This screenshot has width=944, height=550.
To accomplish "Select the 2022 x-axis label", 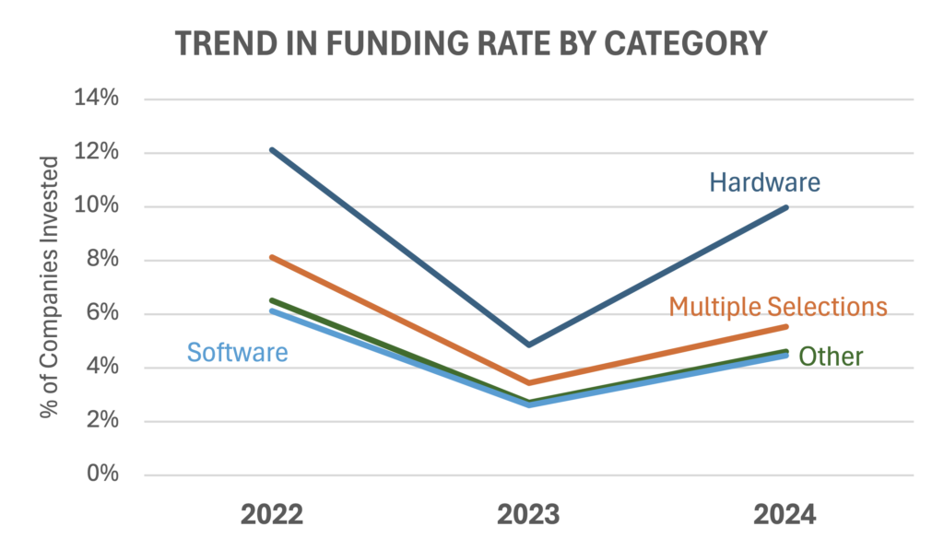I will tap(272, 514).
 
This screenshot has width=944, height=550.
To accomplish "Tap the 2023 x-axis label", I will tap(529, 514).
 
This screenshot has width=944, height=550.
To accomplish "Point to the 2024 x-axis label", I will tap(785, 514).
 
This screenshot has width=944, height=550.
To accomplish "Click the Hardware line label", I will tap(764, 182).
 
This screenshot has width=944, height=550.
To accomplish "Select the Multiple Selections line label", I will tap(778, 306).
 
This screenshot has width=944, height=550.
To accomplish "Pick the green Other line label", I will tap(831, 357).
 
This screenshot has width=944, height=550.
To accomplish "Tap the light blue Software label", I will tap(237, 352).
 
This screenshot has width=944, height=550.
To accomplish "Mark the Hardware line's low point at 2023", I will tap(529, 345).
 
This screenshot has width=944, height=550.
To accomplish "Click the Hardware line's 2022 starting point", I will tap(273, 149).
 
